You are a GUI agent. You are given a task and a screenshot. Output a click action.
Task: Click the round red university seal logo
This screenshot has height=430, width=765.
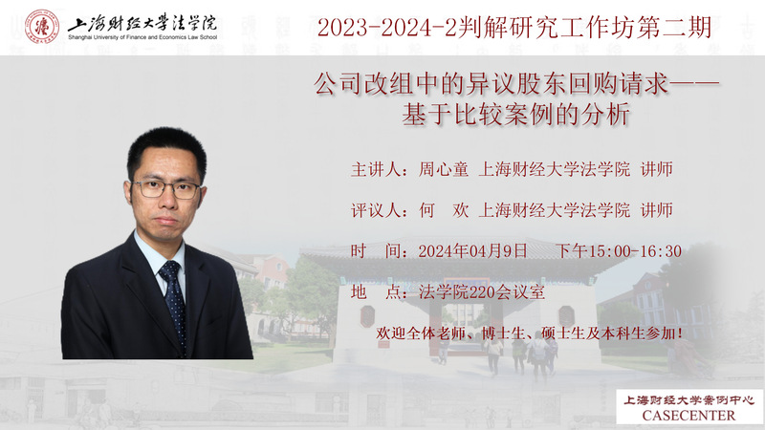point(42,27)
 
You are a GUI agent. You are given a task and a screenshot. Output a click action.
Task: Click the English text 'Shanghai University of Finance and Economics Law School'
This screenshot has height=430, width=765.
point(142,37)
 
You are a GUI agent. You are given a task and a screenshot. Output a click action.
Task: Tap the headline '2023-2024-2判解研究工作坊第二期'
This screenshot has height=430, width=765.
point(514,28)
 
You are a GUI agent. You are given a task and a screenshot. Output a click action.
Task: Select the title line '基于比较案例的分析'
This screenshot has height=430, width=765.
point(516,115)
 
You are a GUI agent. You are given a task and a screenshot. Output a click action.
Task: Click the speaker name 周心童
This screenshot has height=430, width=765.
point(444,169)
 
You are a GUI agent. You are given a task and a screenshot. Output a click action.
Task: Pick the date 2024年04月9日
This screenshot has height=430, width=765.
point(472,251)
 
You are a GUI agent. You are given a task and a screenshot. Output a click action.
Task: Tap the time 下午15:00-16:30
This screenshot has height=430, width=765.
point(619,251)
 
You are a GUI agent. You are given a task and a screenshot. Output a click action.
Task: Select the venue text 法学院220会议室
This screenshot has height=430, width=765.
point(482,292)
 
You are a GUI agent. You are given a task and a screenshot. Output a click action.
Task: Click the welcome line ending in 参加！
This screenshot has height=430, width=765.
point(530,333)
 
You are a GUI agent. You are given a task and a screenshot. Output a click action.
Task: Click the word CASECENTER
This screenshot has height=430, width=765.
point(688,416)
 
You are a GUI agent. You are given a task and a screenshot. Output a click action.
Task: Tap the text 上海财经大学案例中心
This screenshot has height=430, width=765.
point(688,400)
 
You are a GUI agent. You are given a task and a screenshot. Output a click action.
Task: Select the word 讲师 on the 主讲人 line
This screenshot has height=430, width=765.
point(657,169)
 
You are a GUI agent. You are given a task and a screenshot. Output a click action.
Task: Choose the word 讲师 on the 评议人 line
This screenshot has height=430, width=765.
point(657,210)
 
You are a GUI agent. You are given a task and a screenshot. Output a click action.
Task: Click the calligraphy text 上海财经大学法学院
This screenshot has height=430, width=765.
point(142,23)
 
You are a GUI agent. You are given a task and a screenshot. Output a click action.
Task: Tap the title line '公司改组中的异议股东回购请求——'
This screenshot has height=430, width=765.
point(516,83)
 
